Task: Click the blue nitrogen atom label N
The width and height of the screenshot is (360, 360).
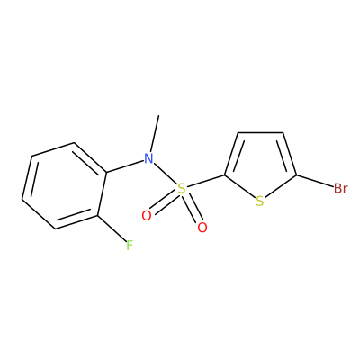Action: click(x=148, y=158)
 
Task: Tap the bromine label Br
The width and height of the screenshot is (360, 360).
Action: click(x=341, y=189)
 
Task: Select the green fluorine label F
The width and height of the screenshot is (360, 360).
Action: click(x=129, y=246)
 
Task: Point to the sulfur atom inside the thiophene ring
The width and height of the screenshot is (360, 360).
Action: click(x=260, y=202)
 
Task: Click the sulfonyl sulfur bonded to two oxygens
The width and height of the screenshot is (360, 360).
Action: click(x=181, y=189)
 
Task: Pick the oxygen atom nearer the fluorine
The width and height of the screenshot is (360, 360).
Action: click(x=147, y=215)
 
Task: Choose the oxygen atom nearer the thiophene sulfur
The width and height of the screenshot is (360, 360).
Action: click(x=202, y=228)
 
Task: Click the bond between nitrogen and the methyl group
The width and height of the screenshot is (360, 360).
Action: click(x=155, y=133)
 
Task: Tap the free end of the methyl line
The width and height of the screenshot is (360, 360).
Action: click(x=158, y=115)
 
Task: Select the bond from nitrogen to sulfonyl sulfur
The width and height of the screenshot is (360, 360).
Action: click(x=165, y=174)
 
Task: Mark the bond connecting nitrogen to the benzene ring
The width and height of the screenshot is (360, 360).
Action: click(x=124, y=166)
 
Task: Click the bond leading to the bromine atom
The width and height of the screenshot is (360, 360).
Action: click(x=315, y=181)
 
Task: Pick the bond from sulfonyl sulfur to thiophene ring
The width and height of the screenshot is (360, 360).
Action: click(x=206, y=182)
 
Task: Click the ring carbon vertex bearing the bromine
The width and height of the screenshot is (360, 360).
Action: click(x=296, y=175)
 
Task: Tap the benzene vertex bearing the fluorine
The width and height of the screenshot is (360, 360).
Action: click(x=98, y=216)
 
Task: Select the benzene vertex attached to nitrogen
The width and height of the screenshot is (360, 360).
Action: click(x=106, y=173)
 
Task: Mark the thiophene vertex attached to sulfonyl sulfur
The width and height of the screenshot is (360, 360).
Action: click(x=225, y=175)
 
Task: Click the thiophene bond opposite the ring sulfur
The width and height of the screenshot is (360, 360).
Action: click(x=260, y=132)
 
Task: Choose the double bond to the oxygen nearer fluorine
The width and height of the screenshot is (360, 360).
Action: click(x=164, y=202)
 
